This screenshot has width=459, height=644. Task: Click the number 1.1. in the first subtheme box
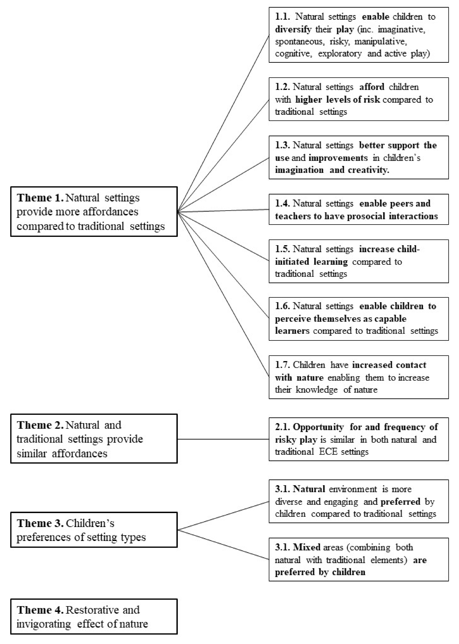pyautogui.click(x=283, y=17)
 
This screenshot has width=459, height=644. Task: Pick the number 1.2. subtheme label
pyautogui.click(x=283, y=87)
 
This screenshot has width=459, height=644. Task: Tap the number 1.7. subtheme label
pyautogui.click(x=283, y=365)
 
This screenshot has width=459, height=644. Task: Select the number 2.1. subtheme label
pyautogui.click(x=283, y=427)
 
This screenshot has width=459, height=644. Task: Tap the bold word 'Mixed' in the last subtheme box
pyautogui.click(x=307, y=547)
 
